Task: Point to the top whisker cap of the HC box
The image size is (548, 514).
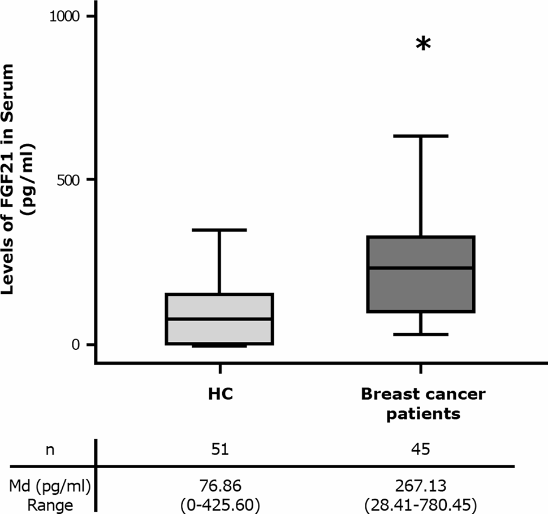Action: pos(218,230)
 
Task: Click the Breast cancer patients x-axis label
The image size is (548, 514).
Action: pos(422,404)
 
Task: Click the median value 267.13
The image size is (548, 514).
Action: pos(422,486)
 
